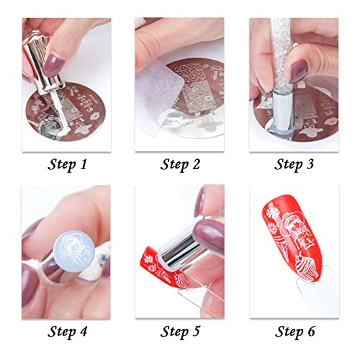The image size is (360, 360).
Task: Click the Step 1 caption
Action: tap(66, 164)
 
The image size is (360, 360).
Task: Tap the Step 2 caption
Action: tap(181, 164)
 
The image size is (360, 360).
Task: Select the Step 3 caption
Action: tap(294, 164)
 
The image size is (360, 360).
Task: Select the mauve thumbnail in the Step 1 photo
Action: tap(34, 68)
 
